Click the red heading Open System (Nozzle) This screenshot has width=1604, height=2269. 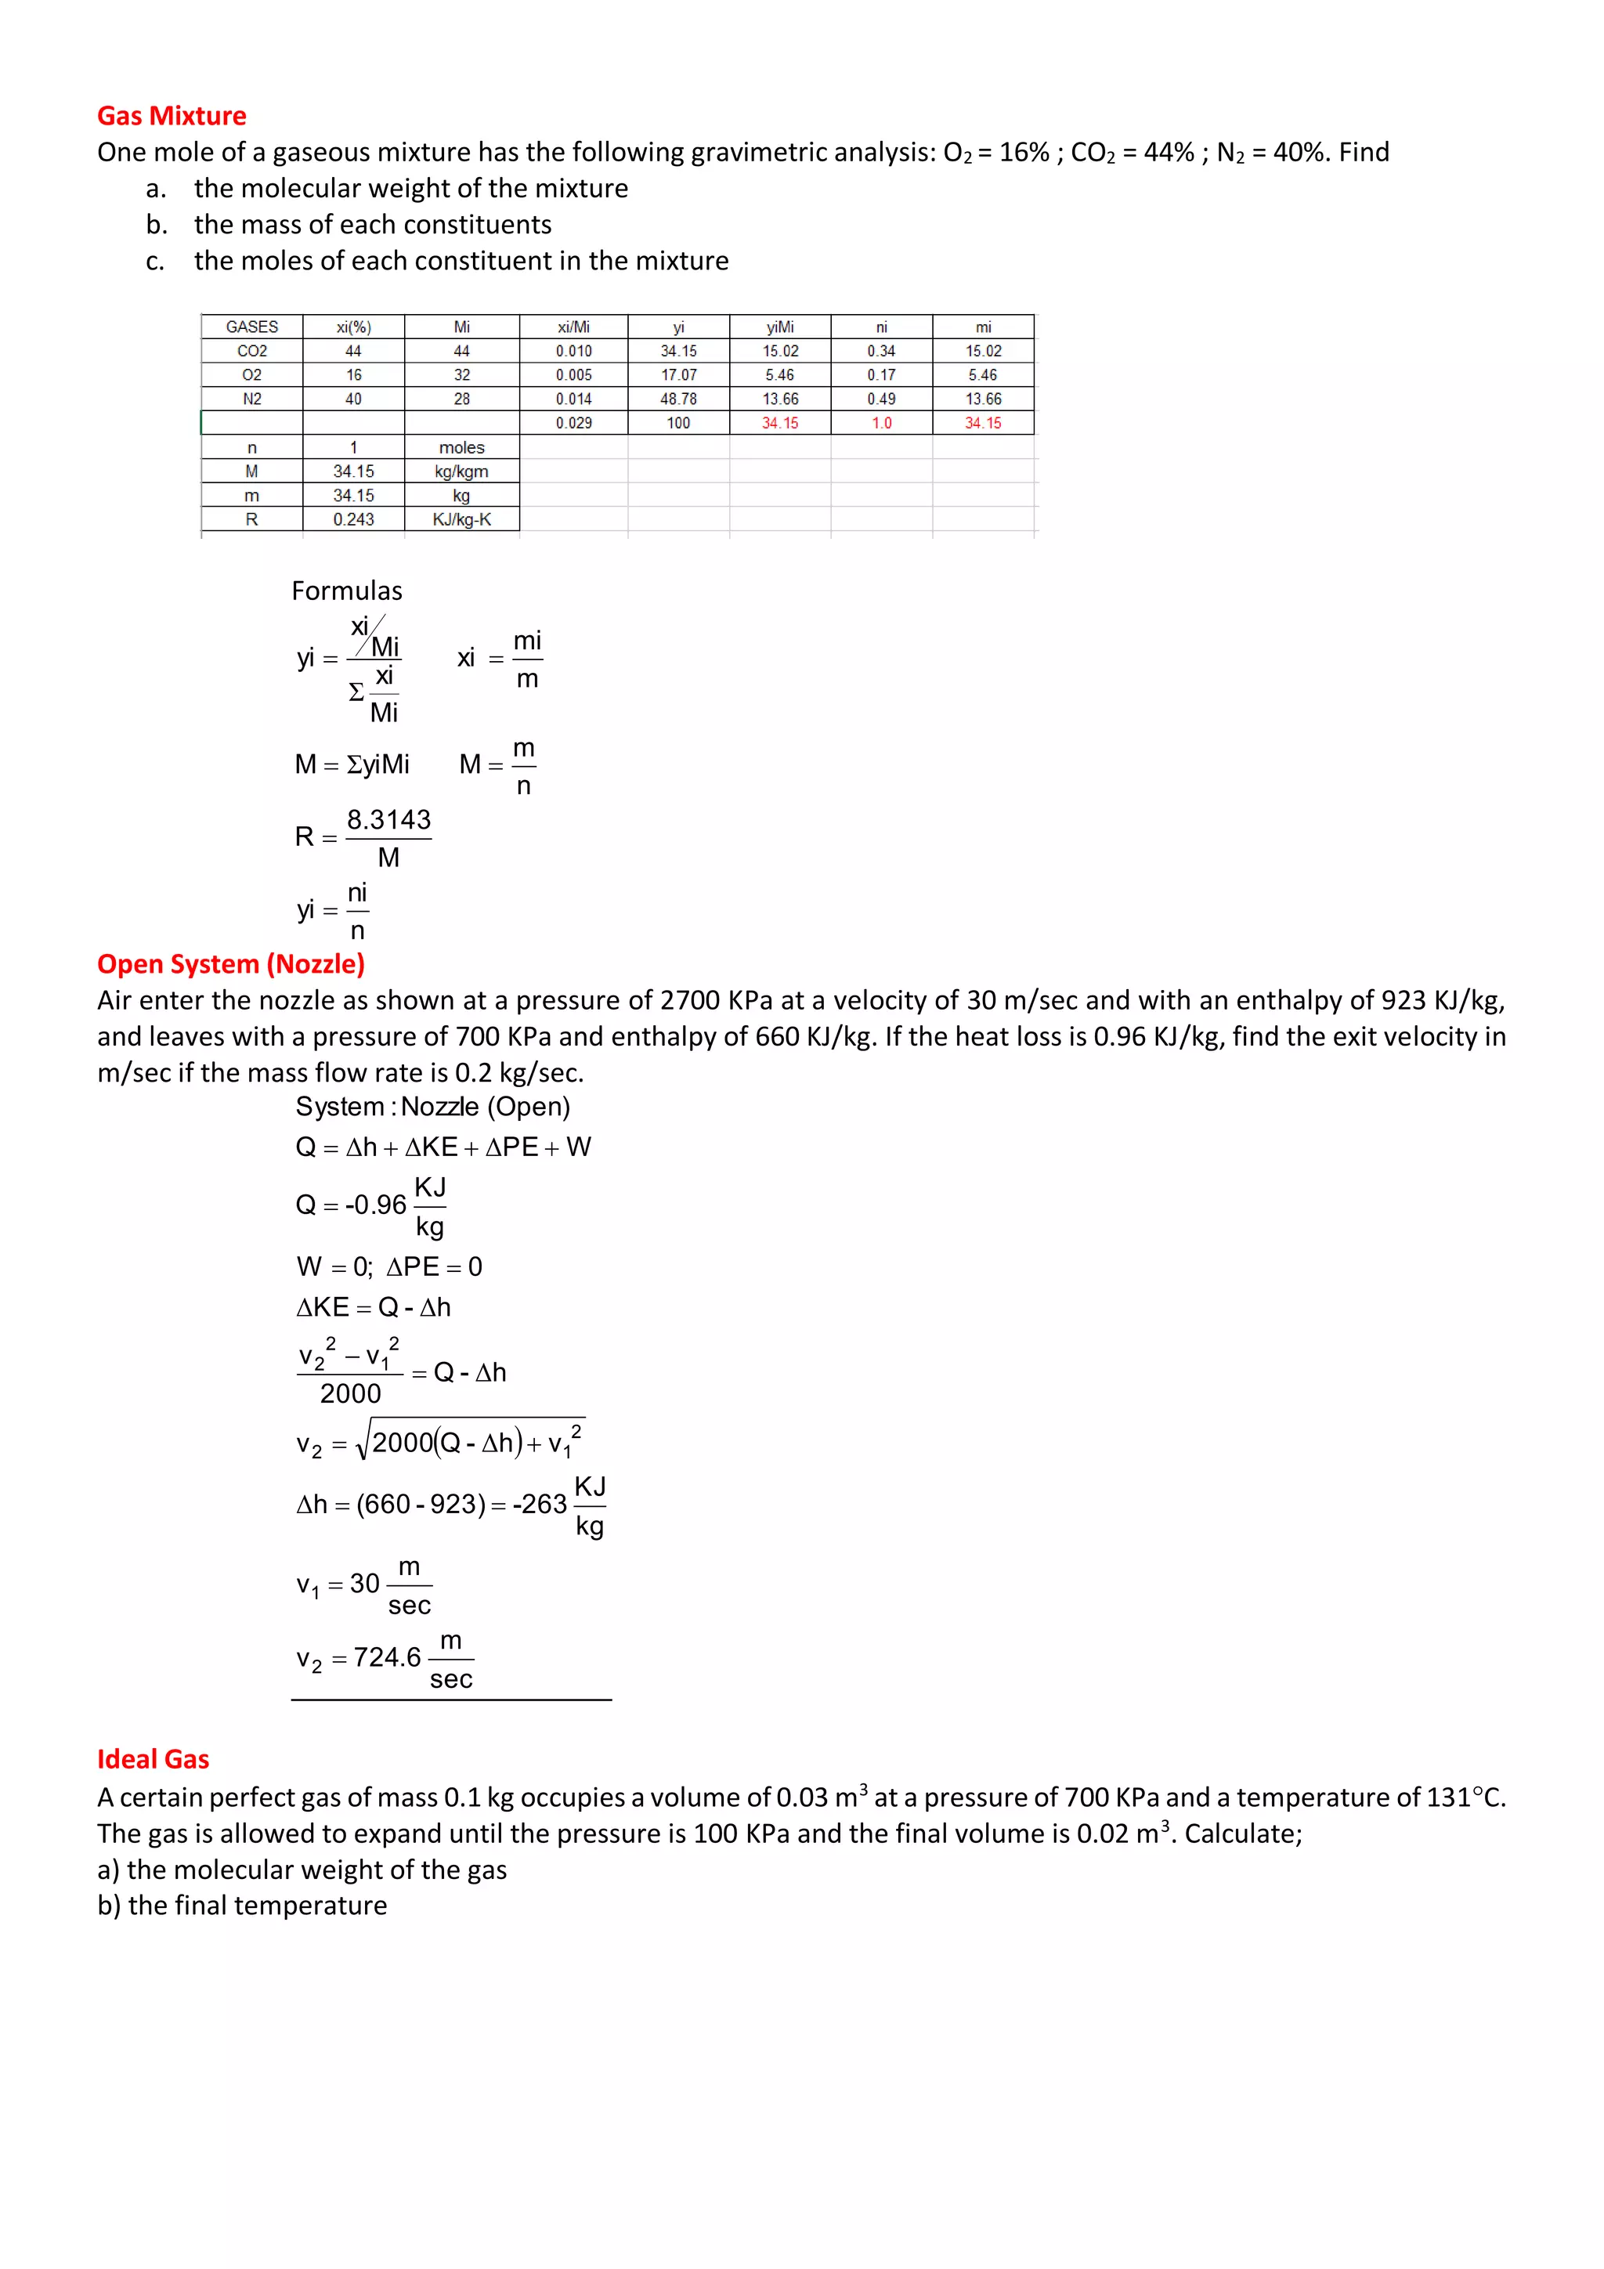pyautogui.click(x=230, y=963)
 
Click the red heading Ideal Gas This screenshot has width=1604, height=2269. pyautogui.click(x=154, y=1759)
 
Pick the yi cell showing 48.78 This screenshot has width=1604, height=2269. pyautogui.click(x=678, y=398)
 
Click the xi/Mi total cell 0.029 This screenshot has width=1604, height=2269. pyautogui.click(x=573, y=423)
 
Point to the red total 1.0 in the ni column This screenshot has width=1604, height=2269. pyautogui.click(x=880, y=423)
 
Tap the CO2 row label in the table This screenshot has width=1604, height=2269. pyautogui.click(x=252, y=351)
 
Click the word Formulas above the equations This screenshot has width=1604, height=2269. pyautogui.click(x=347, y=591)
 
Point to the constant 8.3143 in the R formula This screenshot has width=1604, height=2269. pyautogui.click(x=388, y=819)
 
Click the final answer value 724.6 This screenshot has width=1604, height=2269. pyautogui.click(x=388, y=1657)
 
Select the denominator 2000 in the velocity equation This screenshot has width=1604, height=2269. pyautogui.click(x=350, y=1393)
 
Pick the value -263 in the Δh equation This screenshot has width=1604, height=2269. pyautogui.click(x=540, y=1504)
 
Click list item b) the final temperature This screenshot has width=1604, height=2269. pyautogui.click(x=242, y=1906)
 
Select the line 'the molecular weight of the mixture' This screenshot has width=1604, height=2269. pyautogui.click(x=410, y=188)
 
